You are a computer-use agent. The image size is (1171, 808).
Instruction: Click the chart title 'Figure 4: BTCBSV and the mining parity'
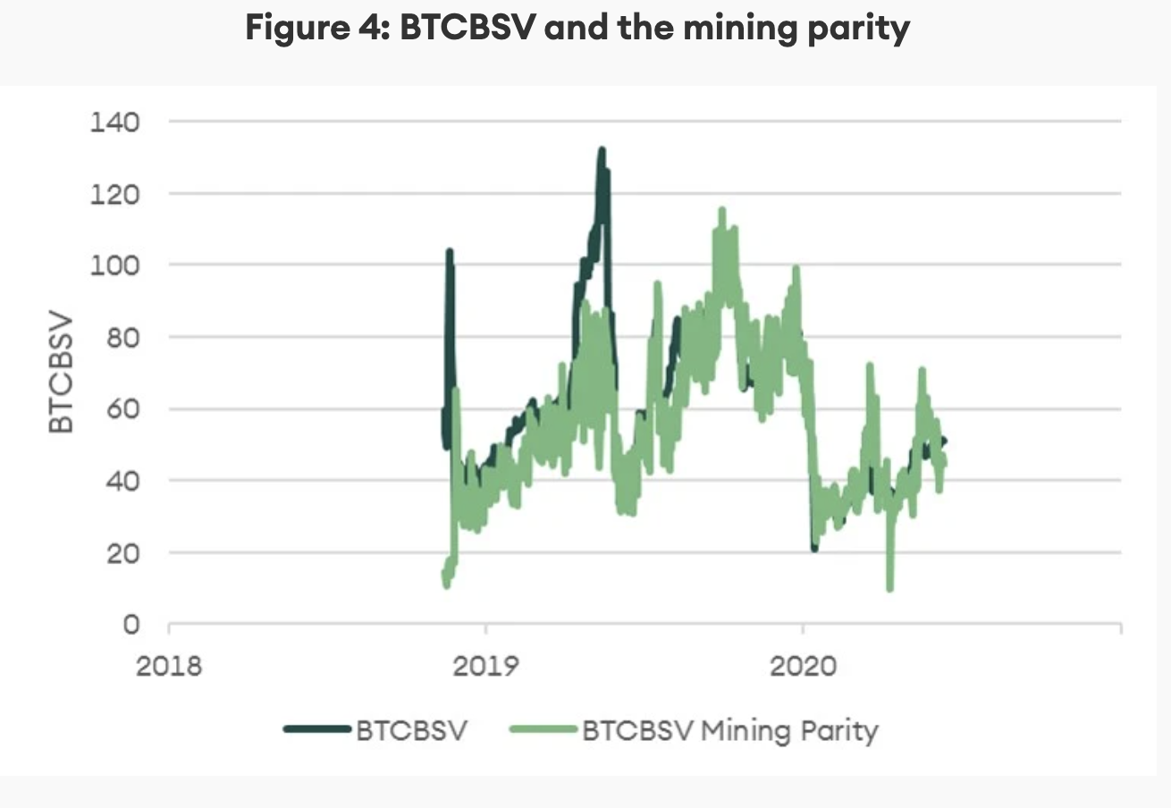coord(577,29)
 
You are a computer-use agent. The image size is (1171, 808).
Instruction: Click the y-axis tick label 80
coord(122,337)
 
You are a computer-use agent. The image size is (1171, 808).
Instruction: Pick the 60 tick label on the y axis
coord(122,409)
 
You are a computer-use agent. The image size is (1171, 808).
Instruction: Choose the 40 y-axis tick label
coord(122,481)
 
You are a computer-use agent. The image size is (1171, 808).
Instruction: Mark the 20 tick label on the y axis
coord(122,553)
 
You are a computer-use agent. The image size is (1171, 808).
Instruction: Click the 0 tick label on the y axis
coord(131,625)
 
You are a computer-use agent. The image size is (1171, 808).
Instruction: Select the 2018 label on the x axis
coord(169,666)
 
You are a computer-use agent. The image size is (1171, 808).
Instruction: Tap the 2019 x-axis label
coord(484,666)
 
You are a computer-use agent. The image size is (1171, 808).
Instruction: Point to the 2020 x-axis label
coord(802,666)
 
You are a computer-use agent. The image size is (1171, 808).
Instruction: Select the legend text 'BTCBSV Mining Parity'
coord(730,730)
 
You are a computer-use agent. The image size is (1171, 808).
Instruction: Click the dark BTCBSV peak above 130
coord(602,151)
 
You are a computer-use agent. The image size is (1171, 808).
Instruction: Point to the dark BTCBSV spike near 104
coord(449,253)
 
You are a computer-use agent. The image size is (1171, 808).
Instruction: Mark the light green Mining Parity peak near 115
coord(720,212)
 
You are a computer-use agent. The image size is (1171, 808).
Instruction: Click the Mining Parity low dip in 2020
coord(889,586)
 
